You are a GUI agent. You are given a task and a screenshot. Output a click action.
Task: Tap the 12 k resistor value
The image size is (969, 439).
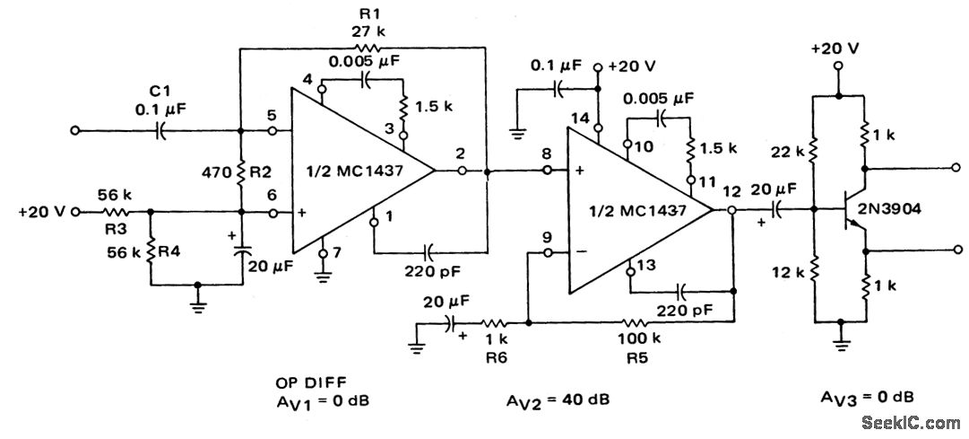[x=788, y=269]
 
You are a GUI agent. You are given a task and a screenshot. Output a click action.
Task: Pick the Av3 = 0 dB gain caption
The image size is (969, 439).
[x=867, y=397]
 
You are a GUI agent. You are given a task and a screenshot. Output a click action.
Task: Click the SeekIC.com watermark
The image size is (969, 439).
[x=911, y=422]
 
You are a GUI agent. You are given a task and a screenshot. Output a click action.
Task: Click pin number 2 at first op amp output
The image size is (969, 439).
[x=460, y=153]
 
